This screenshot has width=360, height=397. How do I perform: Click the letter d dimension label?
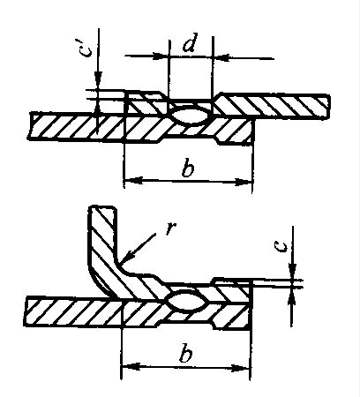pos(190,43)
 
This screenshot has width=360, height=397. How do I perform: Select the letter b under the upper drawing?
pos(188,169)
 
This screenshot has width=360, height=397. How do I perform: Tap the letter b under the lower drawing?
pos(185,354)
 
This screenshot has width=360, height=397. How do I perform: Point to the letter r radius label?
pos(170,228)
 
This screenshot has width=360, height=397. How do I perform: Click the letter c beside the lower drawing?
pos(281,246)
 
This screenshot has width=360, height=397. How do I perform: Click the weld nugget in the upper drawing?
pos(190,116)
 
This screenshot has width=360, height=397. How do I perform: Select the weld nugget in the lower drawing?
pos(185,300)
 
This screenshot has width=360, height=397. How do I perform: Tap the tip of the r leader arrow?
pos(121,263)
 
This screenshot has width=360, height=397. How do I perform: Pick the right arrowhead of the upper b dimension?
pos(244,182)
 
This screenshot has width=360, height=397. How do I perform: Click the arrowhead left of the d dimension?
pos(161,56)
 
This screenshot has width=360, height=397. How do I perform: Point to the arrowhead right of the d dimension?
pos(221,57)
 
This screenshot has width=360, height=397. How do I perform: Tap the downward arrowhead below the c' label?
pos(98,79)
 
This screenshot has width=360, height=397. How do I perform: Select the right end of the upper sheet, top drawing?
pos(328,106)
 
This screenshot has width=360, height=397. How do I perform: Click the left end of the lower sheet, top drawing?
pos(30,126)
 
